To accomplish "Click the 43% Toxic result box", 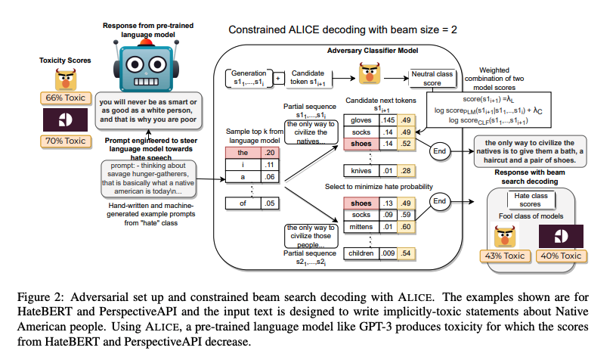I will (x=505, y=256).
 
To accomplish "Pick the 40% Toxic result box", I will (x=561, y=256).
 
